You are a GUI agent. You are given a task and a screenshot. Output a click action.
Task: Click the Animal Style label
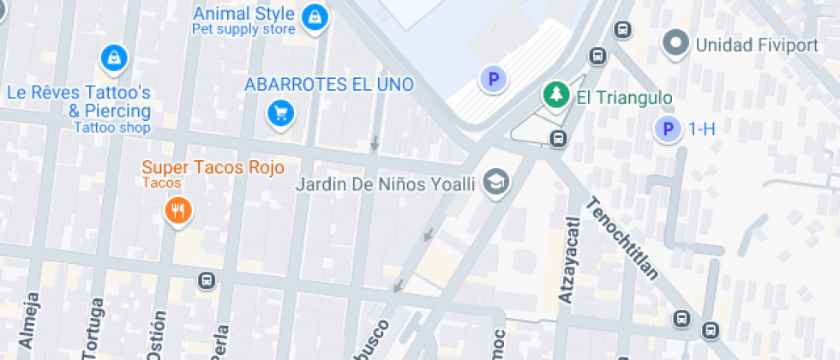[243, 15]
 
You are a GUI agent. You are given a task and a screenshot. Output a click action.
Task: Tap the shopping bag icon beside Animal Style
[315, 16]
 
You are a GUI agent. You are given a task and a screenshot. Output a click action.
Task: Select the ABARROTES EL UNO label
[328, 84]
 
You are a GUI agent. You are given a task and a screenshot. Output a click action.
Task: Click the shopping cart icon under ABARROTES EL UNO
[280, 112]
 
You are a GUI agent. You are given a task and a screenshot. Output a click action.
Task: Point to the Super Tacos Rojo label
[213, 167]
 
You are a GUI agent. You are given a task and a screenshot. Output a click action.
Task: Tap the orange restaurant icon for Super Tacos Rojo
[177, 209]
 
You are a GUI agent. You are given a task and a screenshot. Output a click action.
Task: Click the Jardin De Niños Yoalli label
[384, 184]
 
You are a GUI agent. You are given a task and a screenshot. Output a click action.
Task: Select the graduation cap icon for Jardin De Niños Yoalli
[495, 182]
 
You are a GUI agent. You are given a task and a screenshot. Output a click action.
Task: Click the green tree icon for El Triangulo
[555, 95]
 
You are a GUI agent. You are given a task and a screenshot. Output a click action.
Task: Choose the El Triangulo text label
[612, 98]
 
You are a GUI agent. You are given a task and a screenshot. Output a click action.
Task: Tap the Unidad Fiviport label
[757, 45]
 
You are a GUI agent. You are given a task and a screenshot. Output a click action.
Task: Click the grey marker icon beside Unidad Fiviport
[677, 43]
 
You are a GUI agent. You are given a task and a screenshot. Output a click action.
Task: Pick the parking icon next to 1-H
[668, 130]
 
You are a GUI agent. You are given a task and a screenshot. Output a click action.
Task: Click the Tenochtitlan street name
[623, 239]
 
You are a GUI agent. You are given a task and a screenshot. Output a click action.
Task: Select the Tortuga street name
[93, 328]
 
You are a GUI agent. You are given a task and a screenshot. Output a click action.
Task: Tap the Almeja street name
[30, 323]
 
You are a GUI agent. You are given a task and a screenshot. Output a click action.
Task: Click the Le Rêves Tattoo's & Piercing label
[79, 101]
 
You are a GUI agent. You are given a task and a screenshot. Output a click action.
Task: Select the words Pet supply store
[243, 30]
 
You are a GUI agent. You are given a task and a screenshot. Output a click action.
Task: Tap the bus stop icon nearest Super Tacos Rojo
[206, 280]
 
